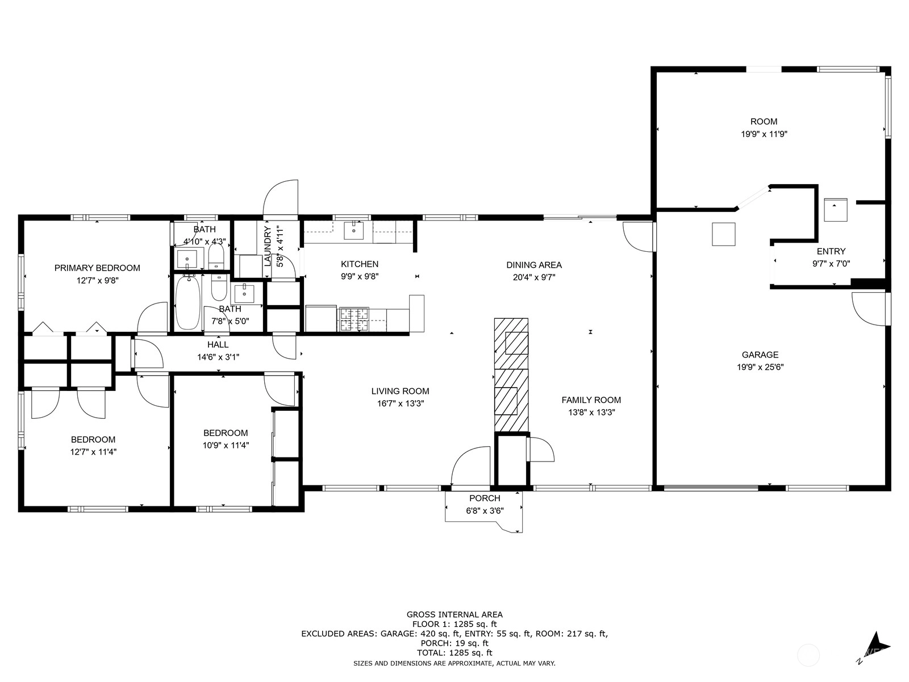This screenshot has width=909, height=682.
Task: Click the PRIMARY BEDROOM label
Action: tap(97, 268)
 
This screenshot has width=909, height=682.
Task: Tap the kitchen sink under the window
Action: tap(354, 231)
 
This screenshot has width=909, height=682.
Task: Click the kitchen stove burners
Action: tap(354, 319)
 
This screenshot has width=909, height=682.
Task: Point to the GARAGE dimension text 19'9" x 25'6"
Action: tap(760, 367)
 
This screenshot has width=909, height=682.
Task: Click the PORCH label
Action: tap(485, 498)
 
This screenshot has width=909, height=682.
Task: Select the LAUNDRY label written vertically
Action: tap(268, 246)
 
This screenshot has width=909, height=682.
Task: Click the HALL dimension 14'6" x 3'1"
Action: tap(218, 357)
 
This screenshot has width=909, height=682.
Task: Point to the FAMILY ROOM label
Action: tap(591, 400)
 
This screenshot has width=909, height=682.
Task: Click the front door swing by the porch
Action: tap(470, 465)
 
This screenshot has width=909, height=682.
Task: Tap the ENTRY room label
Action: tap(831, 251)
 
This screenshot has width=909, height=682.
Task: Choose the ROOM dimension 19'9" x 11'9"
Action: tap(764, 134)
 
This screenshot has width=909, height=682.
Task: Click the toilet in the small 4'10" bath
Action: tap(216, 256)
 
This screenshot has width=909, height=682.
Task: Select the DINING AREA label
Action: tap(534, 265)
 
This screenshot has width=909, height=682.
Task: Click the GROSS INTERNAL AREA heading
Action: tap(454, 615)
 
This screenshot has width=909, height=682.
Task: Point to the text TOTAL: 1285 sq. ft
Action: tap(454, 653)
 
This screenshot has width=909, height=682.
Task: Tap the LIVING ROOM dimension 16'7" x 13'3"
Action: tap(400, 404)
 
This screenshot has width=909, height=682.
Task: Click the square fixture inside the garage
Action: tap(723, 234)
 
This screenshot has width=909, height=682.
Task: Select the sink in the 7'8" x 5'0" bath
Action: tap(244, 293)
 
